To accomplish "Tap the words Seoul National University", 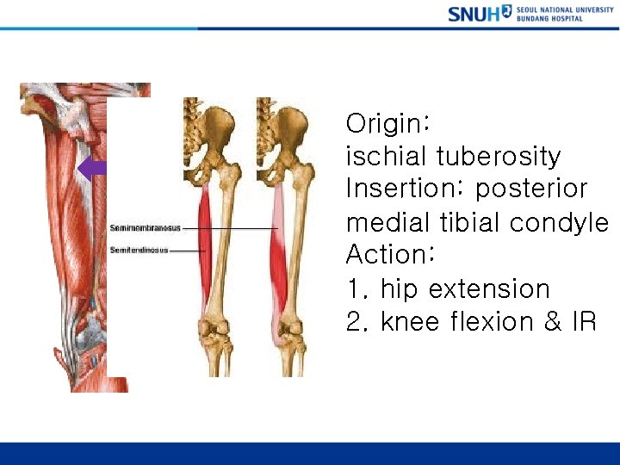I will (x=565, y=9).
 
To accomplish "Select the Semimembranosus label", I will (x=145, y=228).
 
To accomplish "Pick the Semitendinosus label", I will (x=139, y=251).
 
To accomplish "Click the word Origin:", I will (x=387, y=124).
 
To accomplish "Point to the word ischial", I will (x=387, y=157).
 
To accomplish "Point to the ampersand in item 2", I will (x=543, y=322).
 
